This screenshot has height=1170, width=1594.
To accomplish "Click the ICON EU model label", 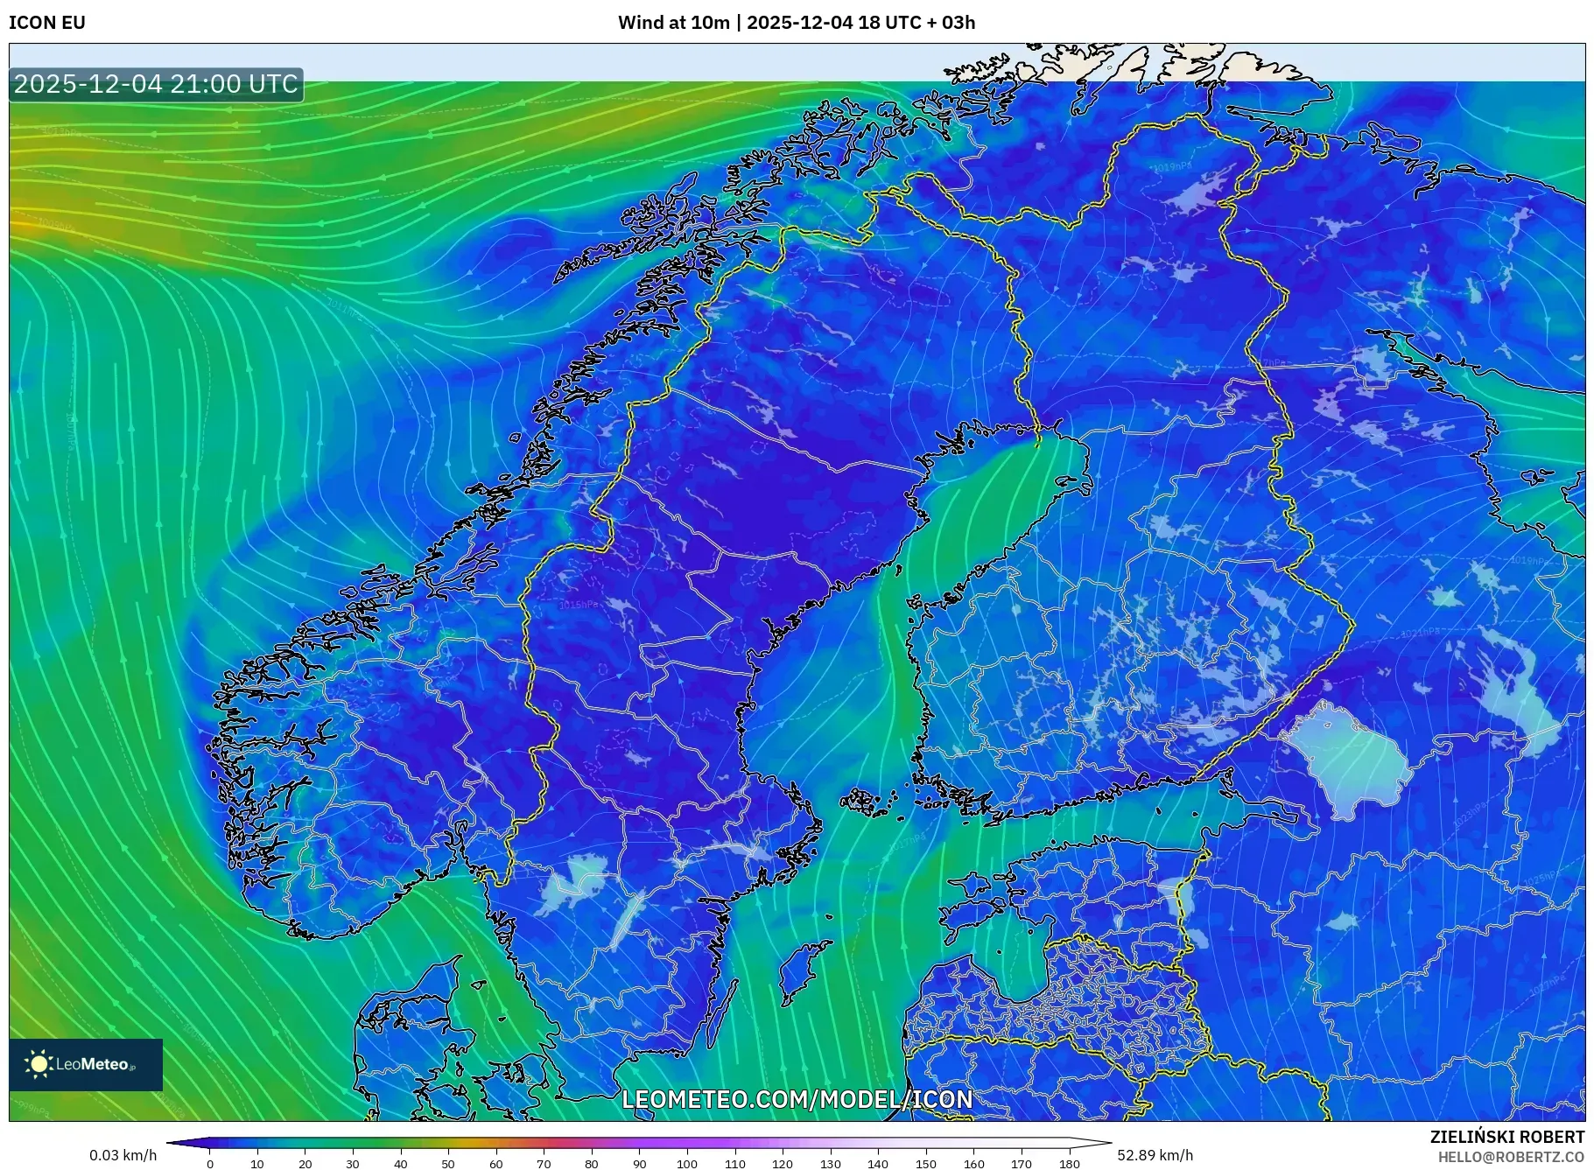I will (47, 23).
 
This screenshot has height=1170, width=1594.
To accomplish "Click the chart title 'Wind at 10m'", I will (673, 23).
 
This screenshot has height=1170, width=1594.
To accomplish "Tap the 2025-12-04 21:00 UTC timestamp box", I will (156, 84).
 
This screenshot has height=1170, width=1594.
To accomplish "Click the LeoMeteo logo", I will (86, 1064).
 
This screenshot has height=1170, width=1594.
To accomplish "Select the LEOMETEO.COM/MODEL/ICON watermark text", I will (797, 1099).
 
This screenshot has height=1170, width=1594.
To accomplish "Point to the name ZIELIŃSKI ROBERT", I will (1506, 1137).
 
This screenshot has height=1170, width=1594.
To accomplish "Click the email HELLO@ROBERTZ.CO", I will (1511, 1156).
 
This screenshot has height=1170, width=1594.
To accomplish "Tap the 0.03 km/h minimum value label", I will (123, 1155).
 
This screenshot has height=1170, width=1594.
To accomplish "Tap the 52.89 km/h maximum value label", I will (1155, 1155).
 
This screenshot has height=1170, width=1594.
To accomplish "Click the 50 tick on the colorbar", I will (448, 1164).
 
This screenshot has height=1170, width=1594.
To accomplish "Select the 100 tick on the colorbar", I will (687, 1164).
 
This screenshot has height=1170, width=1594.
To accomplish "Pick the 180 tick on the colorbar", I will (1069, 1164).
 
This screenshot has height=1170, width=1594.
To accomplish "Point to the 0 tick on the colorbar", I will (210, 1164).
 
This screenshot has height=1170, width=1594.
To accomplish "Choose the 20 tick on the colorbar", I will (305, 1164).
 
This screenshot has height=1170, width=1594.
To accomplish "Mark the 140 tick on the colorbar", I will (878, 1164).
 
